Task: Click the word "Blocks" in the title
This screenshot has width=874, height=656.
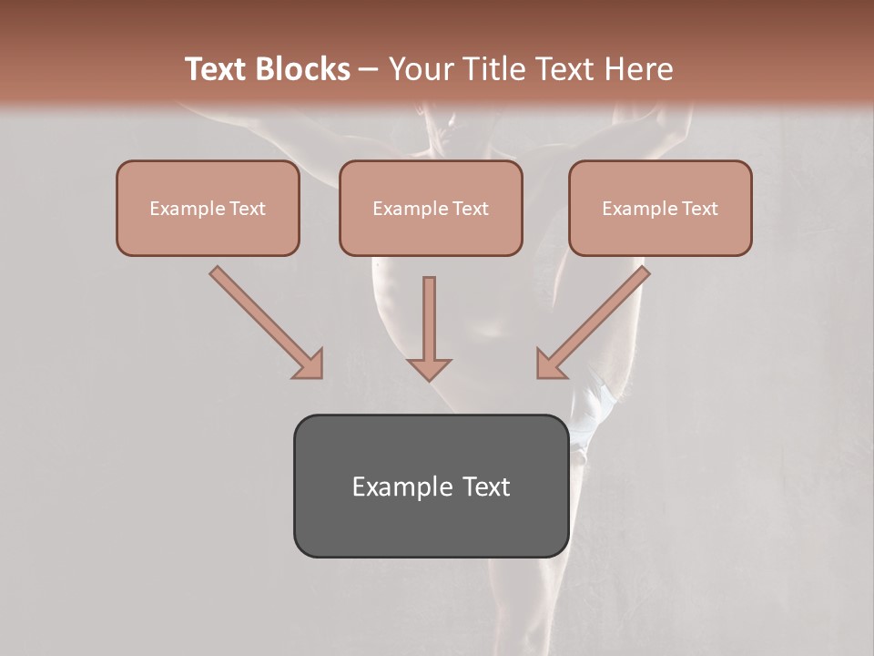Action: click(x=305, y=69)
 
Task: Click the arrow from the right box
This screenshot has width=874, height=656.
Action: click(x=596, y=319)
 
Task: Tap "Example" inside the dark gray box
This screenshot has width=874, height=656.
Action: click(x=392, y=487)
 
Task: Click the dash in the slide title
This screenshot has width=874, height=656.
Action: click(x=369, y=70)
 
